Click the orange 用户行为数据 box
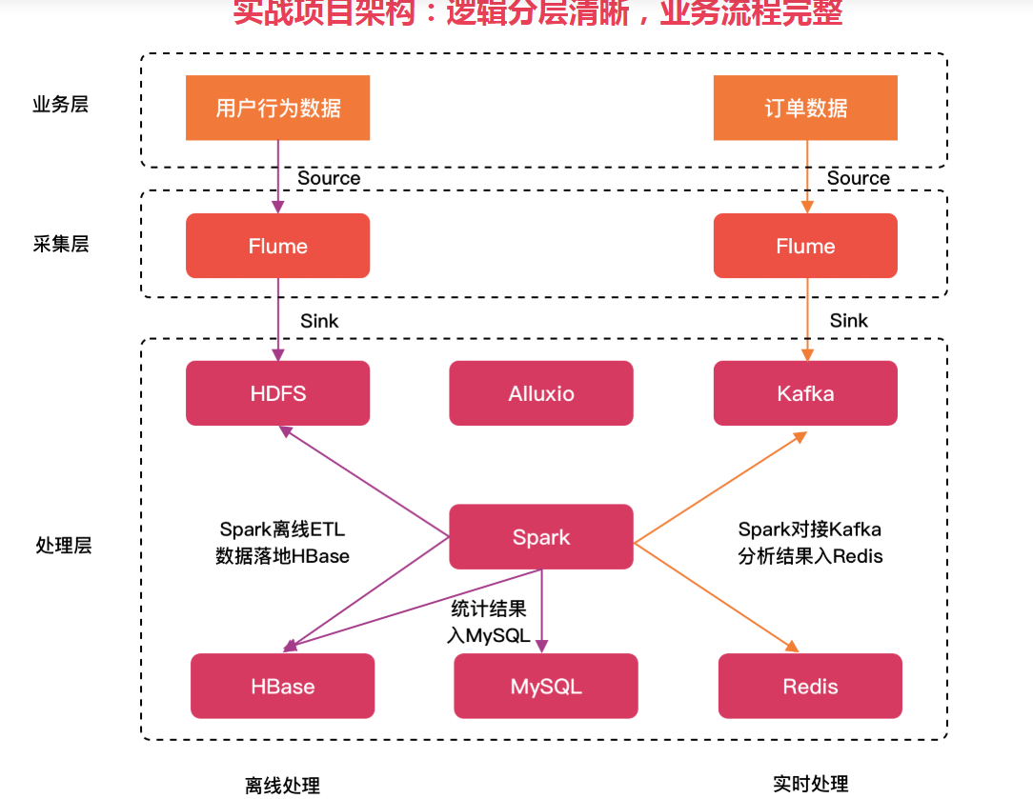tap(277, 108)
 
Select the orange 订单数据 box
tap(805, 108)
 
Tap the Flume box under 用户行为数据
tap(277, 246)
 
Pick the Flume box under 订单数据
tap(805, 246)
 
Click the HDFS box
tap(277, 393)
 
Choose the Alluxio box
tap(541, 393)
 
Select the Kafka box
tap(805, 393)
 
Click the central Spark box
tap(541, 537)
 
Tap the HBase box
tap(283, 686)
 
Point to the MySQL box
tap(546, 686)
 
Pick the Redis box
tap(810, 686)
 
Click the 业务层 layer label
tap(60, 105)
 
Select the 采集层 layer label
tap(60, 244)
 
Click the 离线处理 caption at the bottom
tap(282, 786)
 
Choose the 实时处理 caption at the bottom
tap(810, 784)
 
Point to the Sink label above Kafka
tap(848, 321)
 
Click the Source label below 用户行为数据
tap(329, 178)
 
